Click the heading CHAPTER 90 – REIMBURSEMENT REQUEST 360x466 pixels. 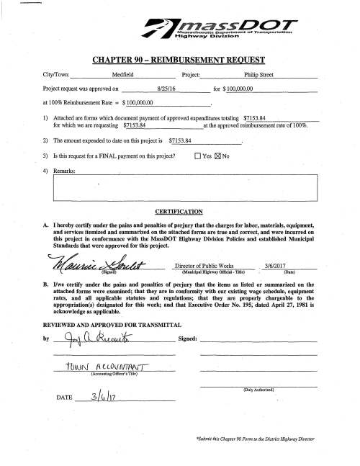180,58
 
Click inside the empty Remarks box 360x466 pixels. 185,187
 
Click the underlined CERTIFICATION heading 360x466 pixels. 179,211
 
